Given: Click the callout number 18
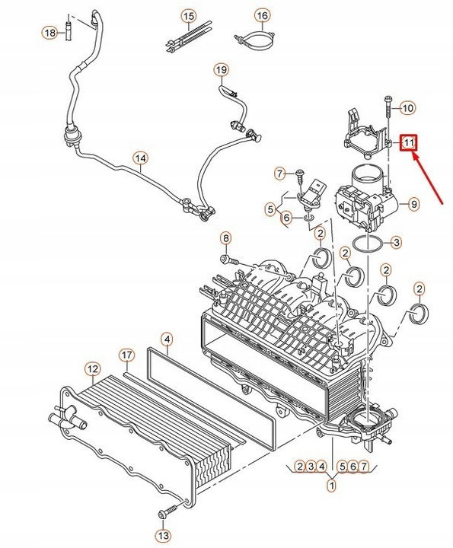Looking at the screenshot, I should point(49,33).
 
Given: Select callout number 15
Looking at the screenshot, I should point(188,15).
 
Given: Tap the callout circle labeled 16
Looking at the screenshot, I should point(261,15).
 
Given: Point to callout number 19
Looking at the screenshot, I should point(221,70).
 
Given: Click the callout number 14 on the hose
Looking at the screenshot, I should point(139,159).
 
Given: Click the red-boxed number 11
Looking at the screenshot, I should point(409,142).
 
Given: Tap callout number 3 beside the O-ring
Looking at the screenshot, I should point(395,243).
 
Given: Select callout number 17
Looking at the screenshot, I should point(127,355).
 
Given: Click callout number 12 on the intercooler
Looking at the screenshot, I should point(91,370).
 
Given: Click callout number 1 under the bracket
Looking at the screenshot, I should point(333,483).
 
